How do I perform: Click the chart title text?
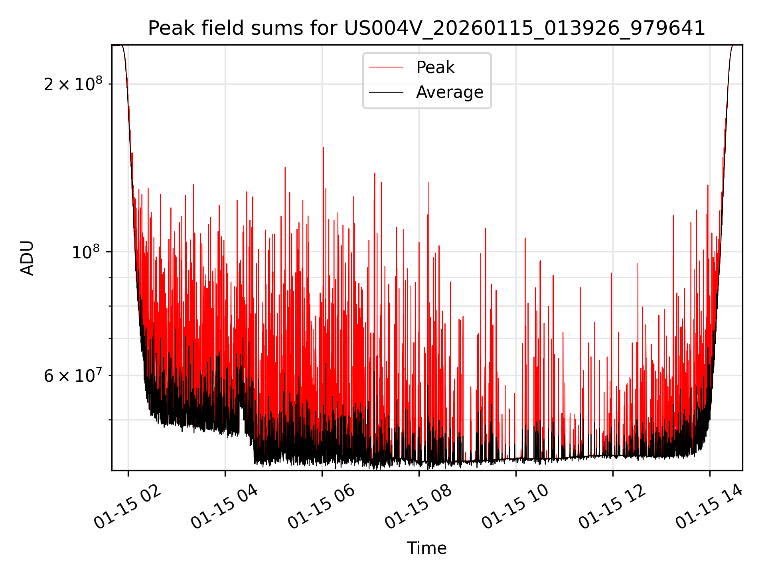point(426,28)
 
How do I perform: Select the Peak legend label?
point(435,67)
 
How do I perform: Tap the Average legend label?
point(449,92)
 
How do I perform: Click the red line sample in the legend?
point(386,67)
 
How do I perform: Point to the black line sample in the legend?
point(386,92)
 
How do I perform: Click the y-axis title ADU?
point(27,258)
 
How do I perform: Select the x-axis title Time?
point(426,548)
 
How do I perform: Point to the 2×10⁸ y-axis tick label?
point(73,84)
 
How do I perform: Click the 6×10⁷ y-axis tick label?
point(73,376)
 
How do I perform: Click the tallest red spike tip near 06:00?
point(323,148)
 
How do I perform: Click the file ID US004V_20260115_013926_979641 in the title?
point(524,28)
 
